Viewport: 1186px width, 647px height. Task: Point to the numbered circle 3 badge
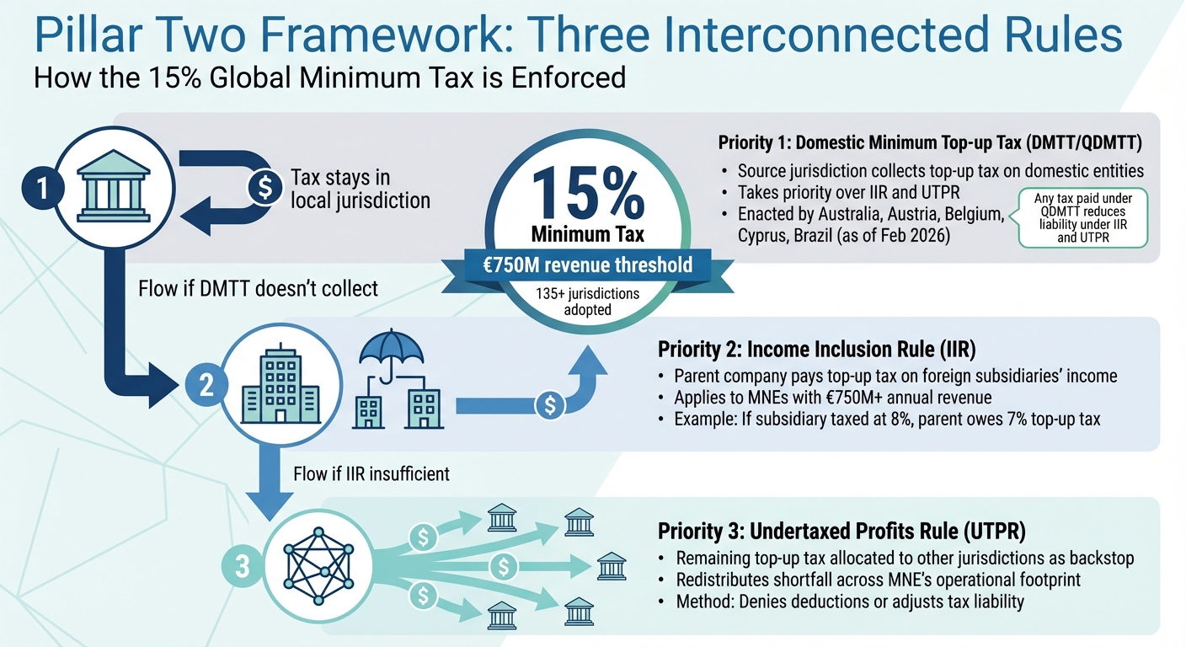coord(243,567)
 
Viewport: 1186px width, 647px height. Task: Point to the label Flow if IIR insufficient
coord(371,473)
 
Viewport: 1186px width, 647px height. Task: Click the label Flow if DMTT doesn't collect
coord(258,288)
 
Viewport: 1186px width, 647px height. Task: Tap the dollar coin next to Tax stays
coord(264,189)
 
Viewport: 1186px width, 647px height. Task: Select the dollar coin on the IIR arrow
coord(550,406)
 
